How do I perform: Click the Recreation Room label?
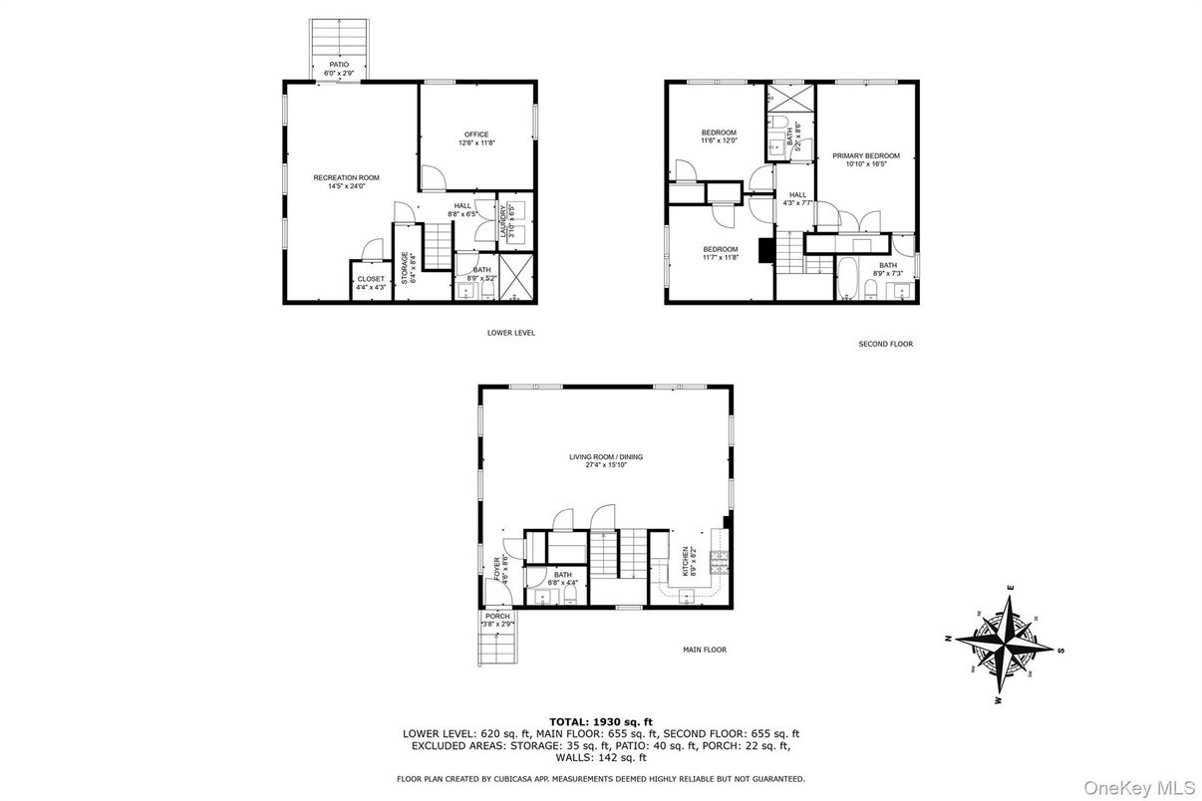point(346,178)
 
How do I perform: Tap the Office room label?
point(476,134)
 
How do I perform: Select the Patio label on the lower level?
point(339,65)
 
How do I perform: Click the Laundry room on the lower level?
point(510,220)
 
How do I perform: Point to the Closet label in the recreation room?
point(370,279)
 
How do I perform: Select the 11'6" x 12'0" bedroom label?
point(719,133)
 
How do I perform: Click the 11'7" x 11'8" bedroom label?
point(720,249)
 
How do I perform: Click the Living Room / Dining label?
point(606,457)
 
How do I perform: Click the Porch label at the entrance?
point(497,617)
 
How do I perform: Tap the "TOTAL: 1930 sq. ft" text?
point(600,720)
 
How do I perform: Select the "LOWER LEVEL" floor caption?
point(511,333)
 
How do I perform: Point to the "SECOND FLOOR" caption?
point(885,344)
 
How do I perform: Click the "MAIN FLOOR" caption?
point(704,650)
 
